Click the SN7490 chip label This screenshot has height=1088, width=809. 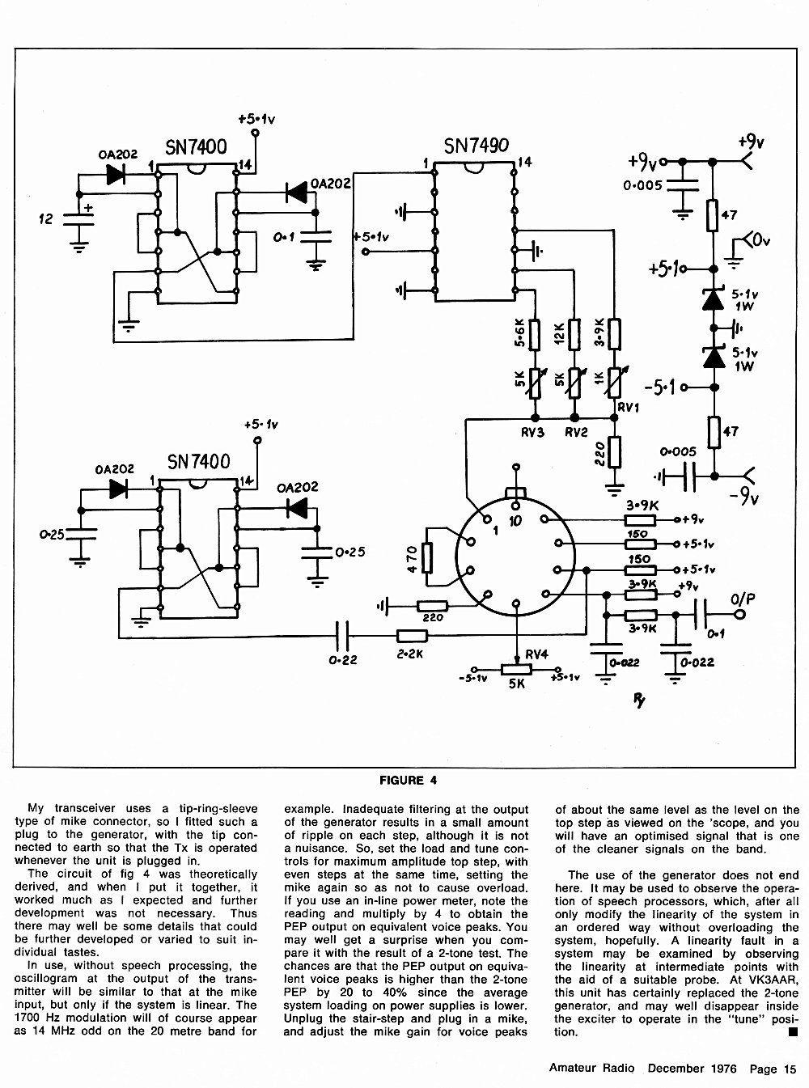pyautogui.click(x=477, y=146)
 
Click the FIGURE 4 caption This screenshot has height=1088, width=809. pyautogui.click(x=408, y=780)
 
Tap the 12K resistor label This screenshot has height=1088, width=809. pyautogui.click(x=559, y=333)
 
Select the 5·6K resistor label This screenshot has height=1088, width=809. pyautogui.click(x=520, y=332)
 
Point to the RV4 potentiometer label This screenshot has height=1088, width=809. pyautogui.click(x=536, y=654)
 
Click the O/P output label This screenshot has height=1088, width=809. pyautogui.click(x=743, y=599)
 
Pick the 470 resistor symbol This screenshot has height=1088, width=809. pyautogui.click(x=427, y=558)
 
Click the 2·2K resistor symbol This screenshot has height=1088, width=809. pyautogui.click(x=412, y=637)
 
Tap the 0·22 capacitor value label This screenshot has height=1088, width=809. pyautogui.click(x=343, y=660)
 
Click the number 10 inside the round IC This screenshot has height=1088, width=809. pyautogui.click(x=515, y=521)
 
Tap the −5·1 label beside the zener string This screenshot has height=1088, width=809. pyautogui.click(x=659, y=387)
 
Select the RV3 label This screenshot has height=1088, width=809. pyautogui.click(x=532, y=433)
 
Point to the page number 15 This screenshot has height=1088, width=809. pyautogui.click(x=790, y=1069)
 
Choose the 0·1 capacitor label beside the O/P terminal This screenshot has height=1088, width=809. pyautogui.click(x=716, y=634)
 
